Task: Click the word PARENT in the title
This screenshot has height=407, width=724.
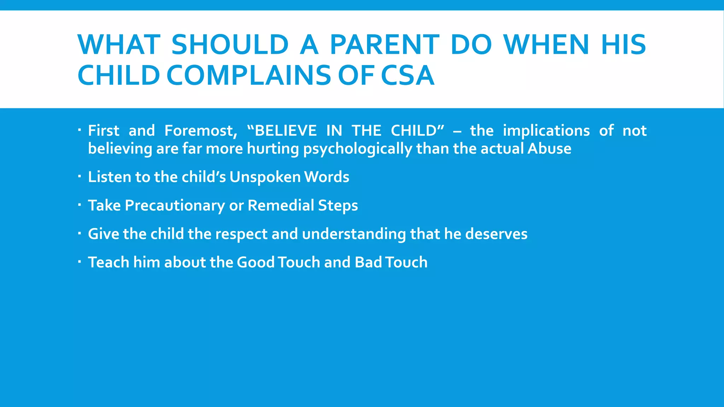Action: click(385, 45)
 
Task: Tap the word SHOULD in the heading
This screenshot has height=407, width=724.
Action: click(230, 45)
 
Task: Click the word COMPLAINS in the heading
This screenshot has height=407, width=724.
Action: click(249, 75)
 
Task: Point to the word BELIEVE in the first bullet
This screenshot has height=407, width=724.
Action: click(286, 131)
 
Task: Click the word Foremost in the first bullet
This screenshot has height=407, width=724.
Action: click(200, 131)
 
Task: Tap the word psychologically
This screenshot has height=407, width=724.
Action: click(358, 149)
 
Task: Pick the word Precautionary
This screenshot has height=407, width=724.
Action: click(175, 206)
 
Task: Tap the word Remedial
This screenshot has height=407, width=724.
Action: click(281, 206)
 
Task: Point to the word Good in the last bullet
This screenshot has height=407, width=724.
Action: click(256, 263)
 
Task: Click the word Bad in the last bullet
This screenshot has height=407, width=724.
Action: click(368, 263)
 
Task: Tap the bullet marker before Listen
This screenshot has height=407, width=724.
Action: click(80, 176)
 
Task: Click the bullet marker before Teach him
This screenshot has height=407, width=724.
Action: click(80, 261)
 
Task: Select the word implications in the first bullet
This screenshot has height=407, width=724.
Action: click(546, 131)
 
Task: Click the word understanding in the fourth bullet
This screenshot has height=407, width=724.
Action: click(354, 234)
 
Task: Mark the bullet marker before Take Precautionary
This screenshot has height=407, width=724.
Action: click(80, 204)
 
